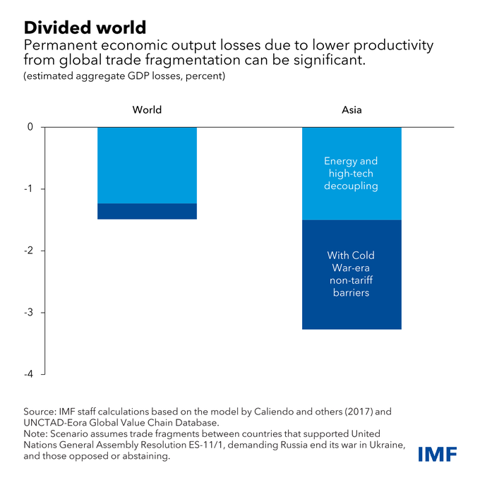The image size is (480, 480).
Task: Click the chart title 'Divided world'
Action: coord(85,28)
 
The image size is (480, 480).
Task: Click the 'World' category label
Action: coord(147,109)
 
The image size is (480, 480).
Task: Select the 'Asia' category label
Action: coord(352,109)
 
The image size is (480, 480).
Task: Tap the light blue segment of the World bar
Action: coord(147,165)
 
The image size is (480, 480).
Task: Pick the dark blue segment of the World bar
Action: coord(147,211)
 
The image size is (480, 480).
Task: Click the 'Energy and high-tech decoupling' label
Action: coord(352,174)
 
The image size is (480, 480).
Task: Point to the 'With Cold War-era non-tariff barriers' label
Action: coord(352,274)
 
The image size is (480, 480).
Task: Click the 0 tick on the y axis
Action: coord(30,128)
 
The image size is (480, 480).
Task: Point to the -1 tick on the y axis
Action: coord(29,189)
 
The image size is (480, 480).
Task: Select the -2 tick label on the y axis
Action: coord(29,251)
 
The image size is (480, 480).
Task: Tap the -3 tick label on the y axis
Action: coord(29,313)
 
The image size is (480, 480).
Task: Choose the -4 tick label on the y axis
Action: coord(29,374)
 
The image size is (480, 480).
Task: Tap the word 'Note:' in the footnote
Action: coord(37,433)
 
